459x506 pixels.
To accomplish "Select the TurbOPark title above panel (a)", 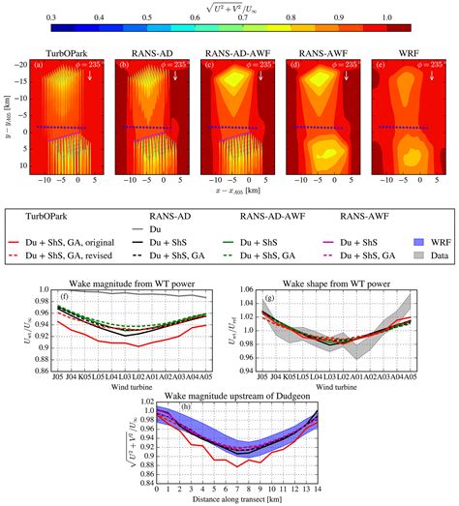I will click(x=60, y=56).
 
